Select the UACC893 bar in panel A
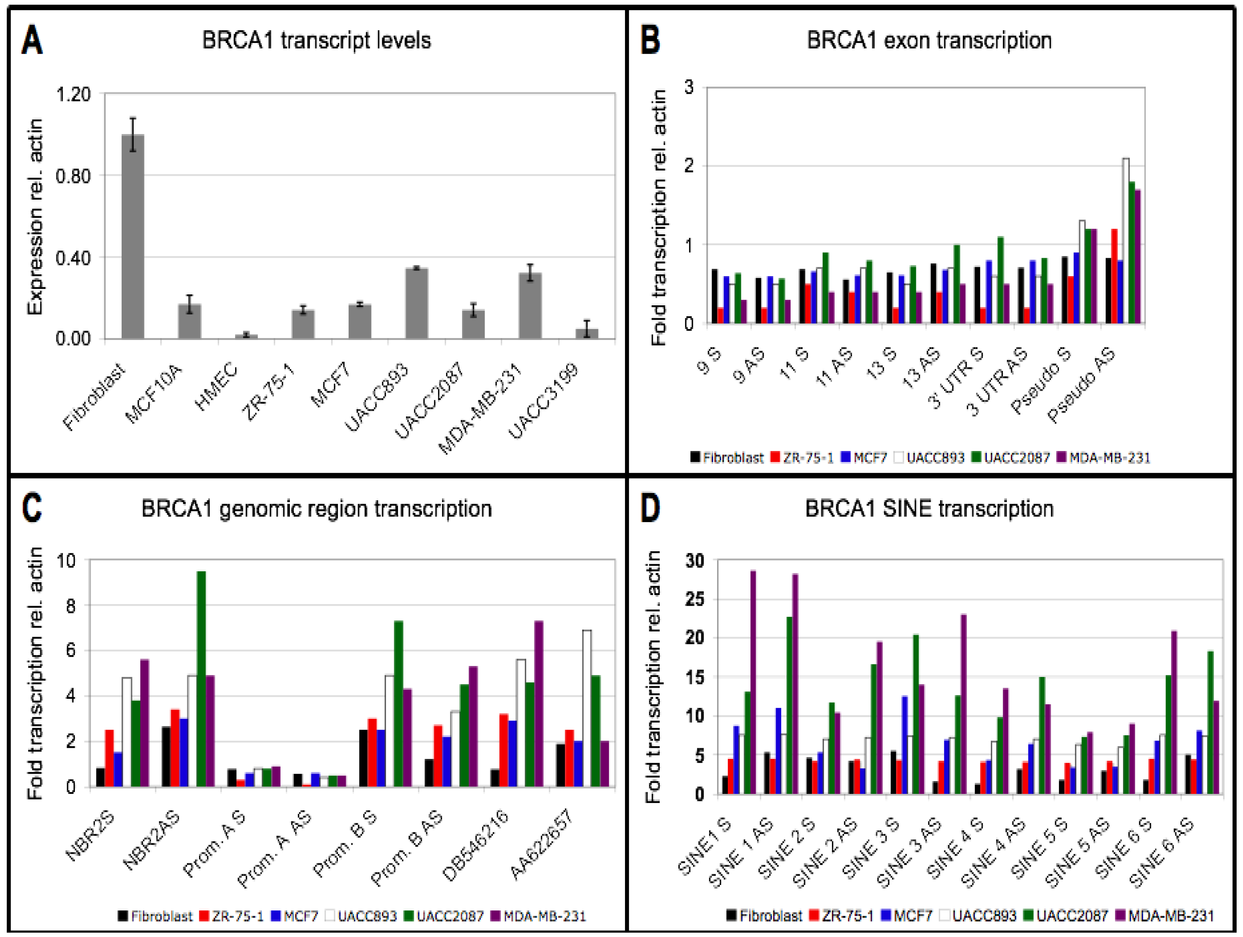click(416, 303)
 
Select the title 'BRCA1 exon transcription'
click(929, 40)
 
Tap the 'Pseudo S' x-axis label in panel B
click(1042, 380)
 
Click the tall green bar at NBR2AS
click(201, 679)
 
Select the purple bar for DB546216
click(538, 704)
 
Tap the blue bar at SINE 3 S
click(905, 745)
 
